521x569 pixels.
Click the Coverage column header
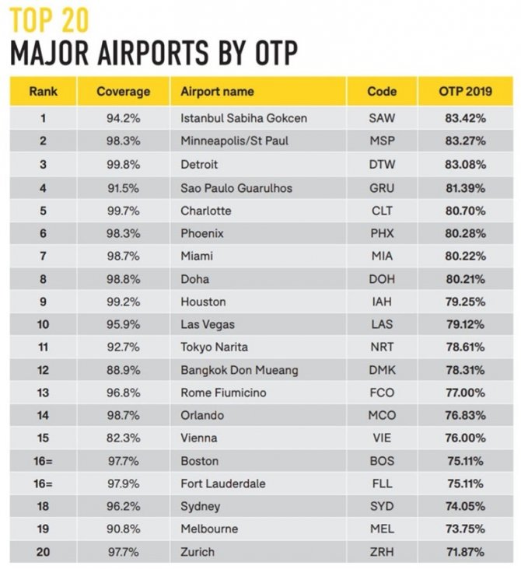click(x=123, y=92)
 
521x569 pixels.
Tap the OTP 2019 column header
click(x=461, y=92)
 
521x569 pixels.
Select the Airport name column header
click(x=217, y=92)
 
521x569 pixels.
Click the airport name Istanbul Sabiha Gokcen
click(x=243, y=119)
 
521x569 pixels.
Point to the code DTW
click(x=382, y=165)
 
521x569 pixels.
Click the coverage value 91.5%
click(x=123, y=187)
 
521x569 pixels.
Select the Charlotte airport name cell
click(x=206, y=211)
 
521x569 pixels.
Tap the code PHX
click(x=382, y=233)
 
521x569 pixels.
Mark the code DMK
click(x=382, y=370)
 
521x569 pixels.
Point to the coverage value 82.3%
click(x=123, y=438)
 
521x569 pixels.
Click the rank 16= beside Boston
click(x=44, y=461)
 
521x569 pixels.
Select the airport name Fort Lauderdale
click(x=223, y=483)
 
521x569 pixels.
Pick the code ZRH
click(x=382, y=552)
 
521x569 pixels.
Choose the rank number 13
click(x=44, y=393)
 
